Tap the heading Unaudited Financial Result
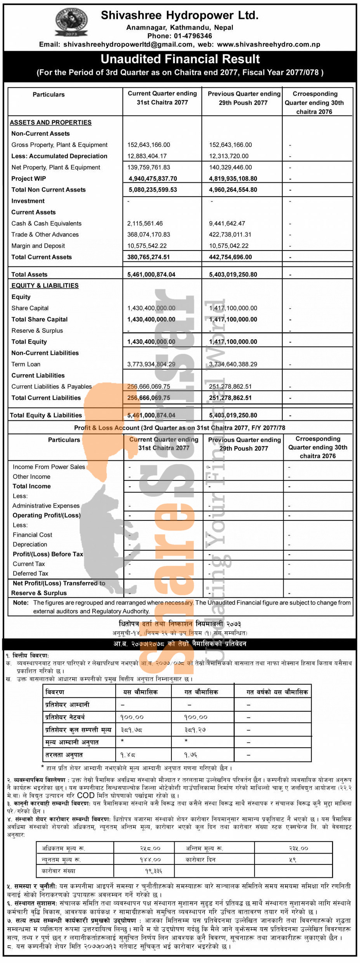pyautogui.click(x=180, y=59)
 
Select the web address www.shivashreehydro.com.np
pyautogui.click(x=268, y=44)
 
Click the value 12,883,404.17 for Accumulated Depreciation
pyautogui.click(x=147, y=156)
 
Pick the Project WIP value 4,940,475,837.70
pyautogui.click(x=153, y=178)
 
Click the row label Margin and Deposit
pyautogui.click(x=38, y=246)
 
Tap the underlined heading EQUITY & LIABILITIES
pyautogui.click(x=45, y=285)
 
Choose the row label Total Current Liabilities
pyautogui.click(x=46, y=398)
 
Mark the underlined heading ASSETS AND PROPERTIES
pyautogui.click(x=50, y=123)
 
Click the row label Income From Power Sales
pyautogui.click(x=48, y=467)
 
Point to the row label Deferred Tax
pyautogui.click(x=30, y=573)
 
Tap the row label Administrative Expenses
pyautogui.click(x=46, y=506)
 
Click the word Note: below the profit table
pyautogui.click(x=21, y=603)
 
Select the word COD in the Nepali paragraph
pyautogui.click(x=86, y=795)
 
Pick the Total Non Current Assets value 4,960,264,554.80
pyautogui.click(x=233, y=190)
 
